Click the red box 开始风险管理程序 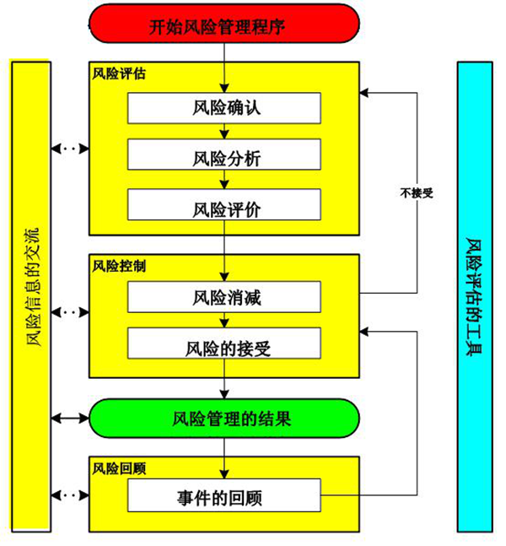pyautogui.click(x=223, y=26)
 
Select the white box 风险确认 pyautogui.click(x=224, y=108)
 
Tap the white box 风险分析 pyautogui.click(x=224, y=157)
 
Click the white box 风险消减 pyautogui.click(x=224, y=297)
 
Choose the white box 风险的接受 pyautogui.click(x=224, y=345)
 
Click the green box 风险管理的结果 pyautogui.click(x=224, y=417)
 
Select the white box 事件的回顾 pyautogui.click(x=224, y=496)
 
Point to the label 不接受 pyautogui.click(x=417, y=192)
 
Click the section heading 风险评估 pyautogui.click(x=119, y=73)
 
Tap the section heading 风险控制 pyautogui.click(x=119, y=265)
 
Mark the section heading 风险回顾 pyautogui.click(x=119, y=467)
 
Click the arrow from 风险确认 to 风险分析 pyautogui.click(x=224, y=132)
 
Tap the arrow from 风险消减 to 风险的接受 pyautogui.click(x=224, y=321)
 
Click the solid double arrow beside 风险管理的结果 pyautogui.click(x=70, y=417)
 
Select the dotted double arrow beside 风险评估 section pyautogui.click(x=70, y=149)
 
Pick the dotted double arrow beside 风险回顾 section pyautogui.click(x=70, y=496)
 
